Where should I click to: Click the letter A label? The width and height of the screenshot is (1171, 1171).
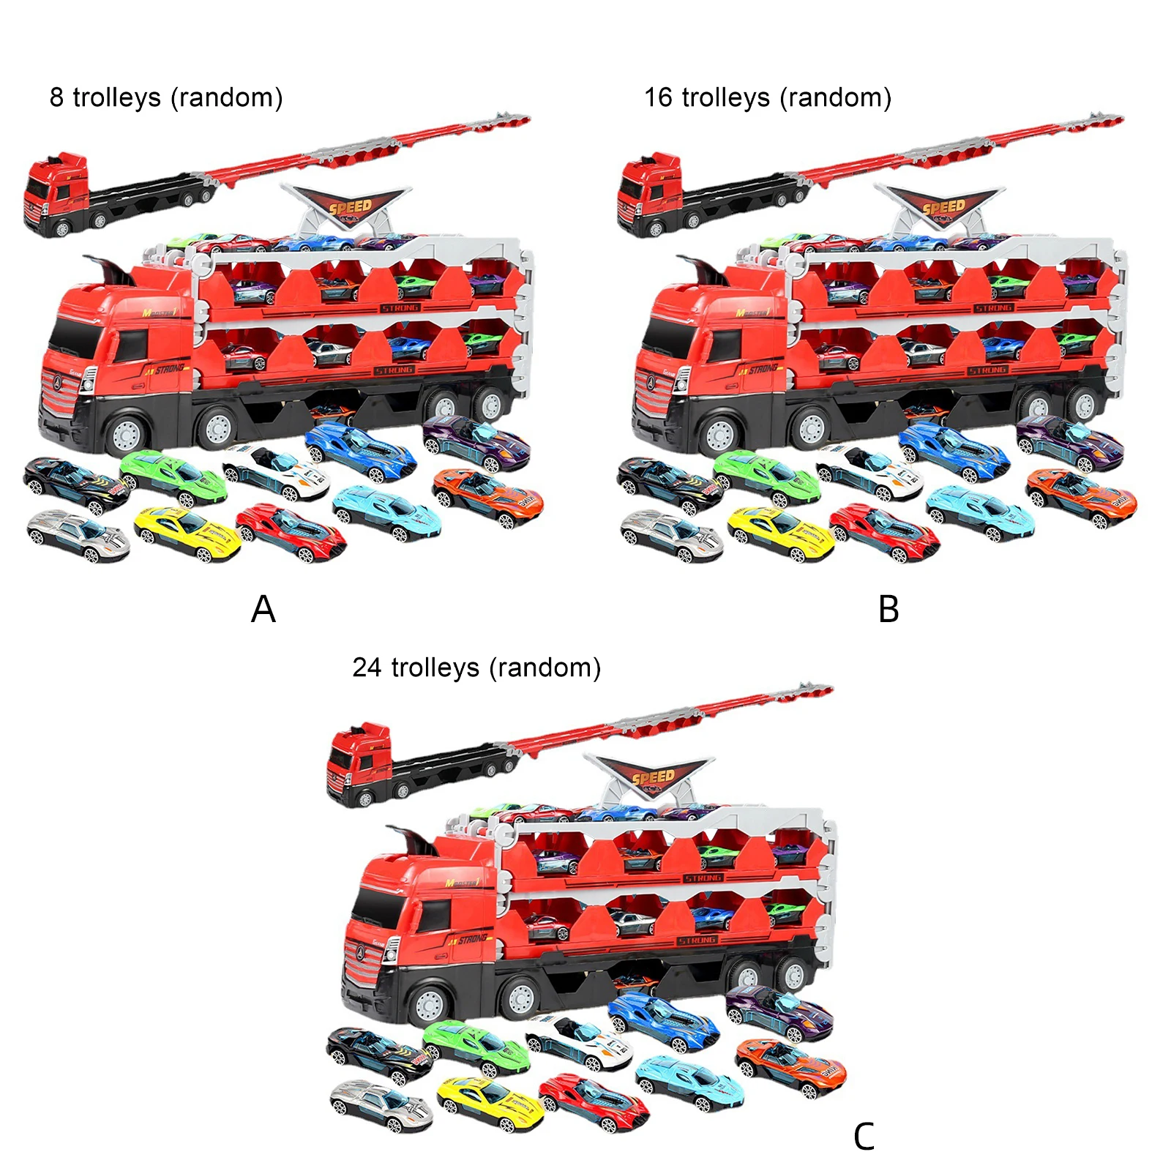[x=263, y=609]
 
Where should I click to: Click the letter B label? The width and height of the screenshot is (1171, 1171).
[x=888, y=609]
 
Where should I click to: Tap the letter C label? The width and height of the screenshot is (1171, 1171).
[x=864, y=1137]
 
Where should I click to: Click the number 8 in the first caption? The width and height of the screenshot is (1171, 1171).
[x=56, y=97]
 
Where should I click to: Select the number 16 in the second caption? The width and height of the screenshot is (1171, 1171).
[x=658, y=97]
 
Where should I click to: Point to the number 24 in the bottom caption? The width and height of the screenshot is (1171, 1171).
[x=367, y=667]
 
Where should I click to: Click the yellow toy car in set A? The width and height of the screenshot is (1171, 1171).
[x=188, y=534]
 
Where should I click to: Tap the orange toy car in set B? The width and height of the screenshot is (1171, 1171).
[x=1082, y=497]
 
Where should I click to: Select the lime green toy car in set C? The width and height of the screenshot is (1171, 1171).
[x=476, y=1047]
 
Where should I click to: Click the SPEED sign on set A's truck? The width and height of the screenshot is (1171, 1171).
[x=349, y=206]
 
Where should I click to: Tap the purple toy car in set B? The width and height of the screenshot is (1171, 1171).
[x=1070, y=441]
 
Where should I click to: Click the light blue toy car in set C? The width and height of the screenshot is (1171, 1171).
[x=689, y=1081]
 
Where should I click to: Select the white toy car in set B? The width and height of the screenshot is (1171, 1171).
[x=871, y=472]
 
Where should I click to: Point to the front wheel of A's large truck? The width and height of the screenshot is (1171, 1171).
[x=126, y=434]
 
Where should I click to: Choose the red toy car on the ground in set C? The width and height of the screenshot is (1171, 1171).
[x=594, y=1101]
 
